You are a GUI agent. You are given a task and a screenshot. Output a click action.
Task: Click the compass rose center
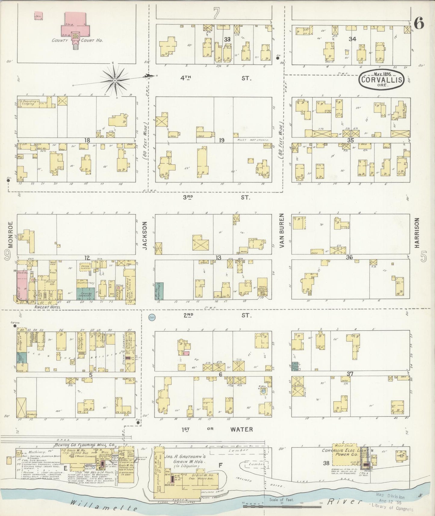point(115,81)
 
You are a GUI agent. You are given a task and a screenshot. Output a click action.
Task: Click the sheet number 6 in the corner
point(419,23)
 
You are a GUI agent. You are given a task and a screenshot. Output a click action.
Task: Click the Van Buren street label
point(282,231)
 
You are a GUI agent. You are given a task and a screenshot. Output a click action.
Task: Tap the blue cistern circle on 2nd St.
point(152,317)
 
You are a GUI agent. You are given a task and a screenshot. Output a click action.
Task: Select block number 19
point(222,140)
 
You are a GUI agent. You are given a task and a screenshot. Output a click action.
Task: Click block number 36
point(349,257)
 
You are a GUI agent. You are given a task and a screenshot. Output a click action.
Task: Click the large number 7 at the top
point(216,14)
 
